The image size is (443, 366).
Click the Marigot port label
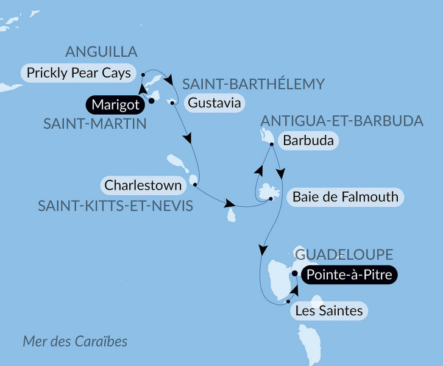point(115,105)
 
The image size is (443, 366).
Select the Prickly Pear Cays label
point(79,73)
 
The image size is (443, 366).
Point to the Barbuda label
point(308,141)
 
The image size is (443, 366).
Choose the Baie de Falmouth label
point(345,197)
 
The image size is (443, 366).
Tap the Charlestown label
point(143,184)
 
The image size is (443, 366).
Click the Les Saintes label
point(328,311)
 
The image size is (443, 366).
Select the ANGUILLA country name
point(101,51)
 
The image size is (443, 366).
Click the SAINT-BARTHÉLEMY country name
point(253,84)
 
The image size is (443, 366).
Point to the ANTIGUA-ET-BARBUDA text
point(341,120)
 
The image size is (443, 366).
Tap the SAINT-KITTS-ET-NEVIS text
point(115,206)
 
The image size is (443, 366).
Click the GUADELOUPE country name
point(344,254)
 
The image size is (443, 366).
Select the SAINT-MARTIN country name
point(95,124)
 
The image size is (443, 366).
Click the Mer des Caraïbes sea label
point(75,341)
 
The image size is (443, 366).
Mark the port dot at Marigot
point(152,101)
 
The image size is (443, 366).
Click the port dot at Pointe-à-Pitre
point(295,274)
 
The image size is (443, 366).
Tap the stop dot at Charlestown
point(194,184)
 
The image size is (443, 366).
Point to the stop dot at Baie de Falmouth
point(271,199)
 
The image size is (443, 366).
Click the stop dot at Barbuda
point(271,144)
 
